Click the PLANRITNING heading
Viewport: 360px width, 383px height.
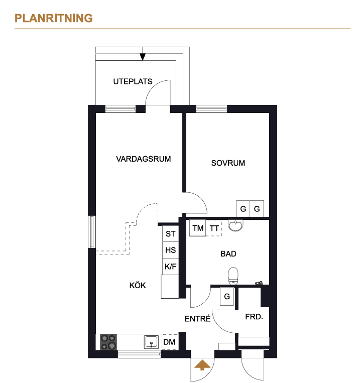pyautogui.click(x=54, y=18)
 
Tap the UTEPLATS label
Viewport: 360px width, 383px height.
pyautogui.click(x=133, y=81)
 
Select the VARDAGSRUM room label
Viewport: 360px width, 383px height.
pyautogui.click(x=144, y=159)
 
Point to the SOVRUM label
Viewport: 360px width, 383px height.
pyautogui.click(x=228, y=163)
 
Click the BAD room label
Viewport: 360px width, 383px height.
pyautogui.click(x=228, y=254)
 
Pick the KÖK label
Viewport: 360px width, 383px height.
pyautogui.click(x=138, y=285)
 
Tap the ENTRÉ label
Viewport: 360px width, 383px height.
pyautogui.click(x=197, y=319)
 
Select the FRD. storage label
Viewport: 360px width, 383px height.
pyautogui.click(x=254, y=317)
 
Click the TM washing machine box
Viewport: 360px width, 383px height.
pyautogui.click(x=198, y=228)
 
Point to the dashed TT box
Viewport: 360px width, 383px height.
pyautogui.click(x=214, y=228)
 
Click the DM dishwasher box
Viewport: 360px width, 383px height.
pyautogui.click(x=169, y=342)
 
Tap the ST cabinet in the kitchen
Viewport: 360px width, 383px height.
pyautogui.click(x=170, y=233)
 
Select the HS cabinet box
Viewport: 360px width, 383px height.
pyautogui.click(x=170, y=250)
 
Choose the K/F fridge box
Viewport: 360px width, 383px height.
pyautogui.click(x=170, y=267)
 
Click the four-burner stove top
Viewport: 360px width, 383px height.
pyautogui.click(x=108, y=342)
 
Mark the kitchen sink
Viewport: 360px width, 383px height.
pyautogui.click(x=151, y=342)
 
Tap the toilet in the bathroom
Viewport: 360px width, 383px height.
pyautogui.click(x=233, y=276)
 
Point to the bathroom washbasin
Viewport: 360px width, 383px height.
pyautogui.click(x=235, y=225)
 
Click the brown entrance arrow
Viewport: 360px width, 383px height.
pyautogui.click(x=202, y=365)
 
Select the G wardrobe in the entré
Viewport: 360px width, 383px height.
pyautogui.click(x=227, y=296)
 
